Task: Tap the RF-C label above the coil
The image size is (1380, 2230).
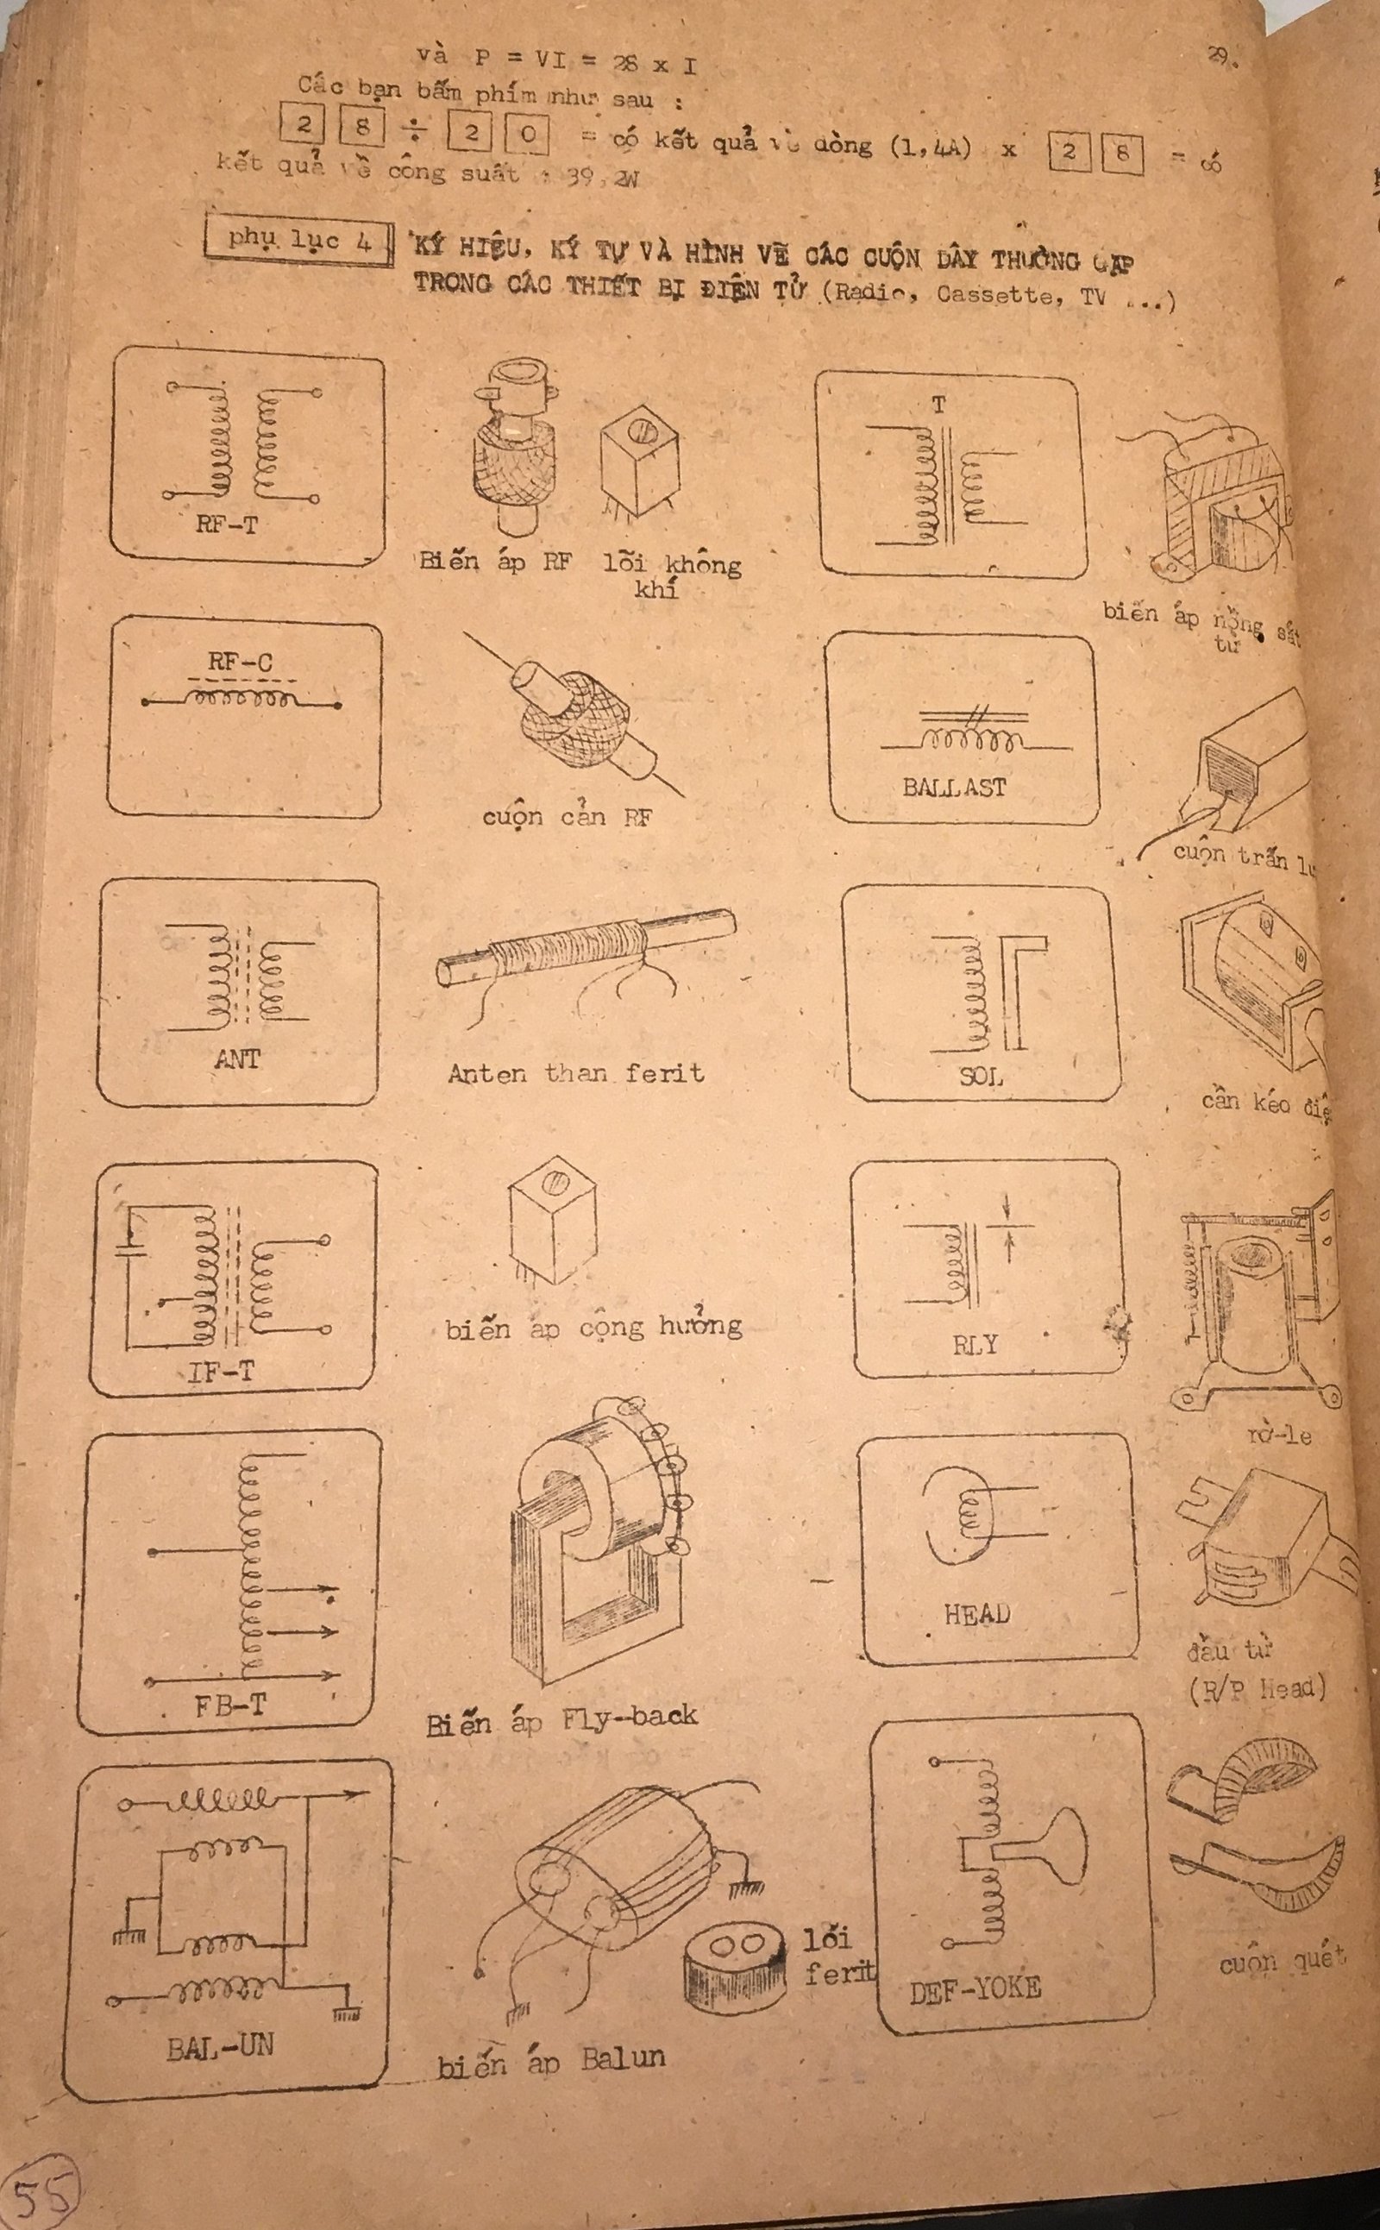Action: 240,662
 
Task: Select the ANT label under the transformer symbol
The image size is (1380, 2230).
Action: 237,1058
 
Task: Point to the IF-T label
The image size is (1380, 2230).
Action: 221,1372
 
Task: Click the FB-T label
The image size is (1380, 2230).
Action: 230,1705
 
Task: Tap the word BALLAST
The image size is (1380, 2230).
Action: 954,786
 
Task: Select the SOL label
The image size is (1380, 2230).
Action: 981,1077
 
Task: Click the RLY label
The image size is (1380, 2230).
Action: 975,1346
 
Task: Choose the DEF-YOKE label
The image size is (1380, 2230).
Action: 975,1989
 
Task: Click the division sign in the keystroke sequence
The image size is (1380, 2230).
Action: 415,132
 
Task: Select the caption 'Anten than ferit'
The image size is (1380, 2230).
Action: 576,1072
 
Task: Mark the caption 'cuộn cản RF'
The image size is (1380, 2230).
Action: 567,816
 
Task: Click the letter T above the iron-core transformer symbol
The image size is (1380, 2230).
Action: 939,405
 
